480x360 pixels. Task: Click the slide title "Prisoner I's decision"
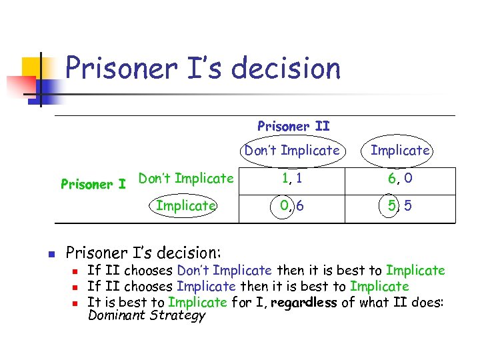pyautogui.click(x=203, y=69)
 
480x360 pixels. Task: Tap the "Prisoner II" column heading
pyautogui.click(x=293, y=126)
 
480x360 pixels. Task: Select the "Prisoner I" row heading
pyautogui.click(x=93, y=183)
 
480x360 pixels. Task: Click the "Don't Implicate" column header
pyautogui.click(x=292, y=151)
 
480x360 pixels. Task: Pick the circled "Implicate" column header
pyautogui.click(x=400, y=151)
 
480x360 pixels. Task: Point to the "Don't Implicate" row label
pyautogui.click(x=185, y=179)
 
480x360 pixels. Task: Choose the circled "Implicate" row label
pyautogui.click(x=185, y=206)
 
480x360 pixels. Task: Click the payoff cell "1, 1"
pyautogui.click(x=292, y=179)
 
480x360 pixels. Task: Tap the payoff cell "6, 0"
pyautogui.click(x=400, y=179)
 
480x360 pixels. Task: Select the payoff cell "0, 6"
pyautogui.click(x=292, y=206)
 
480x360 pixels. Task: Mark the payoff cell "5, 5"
pyautogui.click(x=400, y=206)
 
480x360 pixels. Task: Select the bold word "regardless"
pyautogui.click(x=303, y=302)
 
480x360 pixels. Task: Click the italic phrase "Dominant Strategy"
pyautogui.click(x=147, y=315)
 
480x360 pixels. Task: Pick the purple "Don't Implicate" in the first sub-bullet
pyautogui.click(x=224, y=271)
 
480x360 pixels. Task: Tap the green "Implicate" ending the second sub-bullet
pyautogui.click(x=379, y=287)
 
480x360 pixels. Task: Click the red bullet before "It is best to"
pyautogui.click(x=76, y=303)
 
